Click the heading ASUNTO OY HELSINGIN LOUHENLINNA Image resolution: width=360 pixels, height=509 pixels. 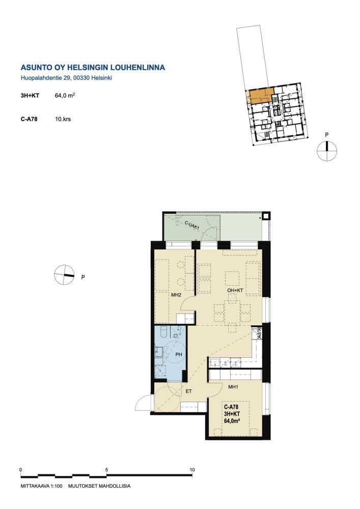coord(93,68)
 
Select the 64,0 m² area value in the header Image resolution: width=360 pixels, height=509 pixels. coord(65,96)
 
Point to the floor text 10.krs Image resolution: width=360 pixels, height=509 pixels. coord(63,119)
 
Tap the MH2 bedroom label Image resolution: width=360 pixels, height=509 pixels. coord(176,295)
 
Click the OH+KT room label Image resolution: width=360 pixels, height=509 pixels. coord(235,290)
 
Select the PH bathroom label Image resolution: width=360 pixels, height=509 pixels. coord(179,354)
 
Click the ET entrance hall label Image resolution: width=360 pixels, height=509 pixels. coord(188,391)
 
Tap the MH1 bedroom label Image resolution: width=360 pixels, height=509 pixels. coord(233,387)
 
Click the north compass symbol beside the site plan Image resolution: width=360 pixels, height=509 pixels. coord(327,151)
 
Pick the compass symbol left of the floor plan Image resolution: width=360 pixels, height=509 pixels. coord(64,275)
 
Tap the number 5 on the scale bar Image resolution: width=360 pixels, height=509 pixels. coord(106,470)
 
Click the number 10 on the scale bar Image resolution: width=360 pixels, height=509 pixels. coord(192,470)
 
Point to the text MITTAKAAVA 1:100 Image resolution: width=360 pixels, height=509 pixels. coord(41,486)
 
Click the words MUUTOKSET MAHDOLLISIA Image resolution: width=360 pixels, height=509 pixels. coord(99,486)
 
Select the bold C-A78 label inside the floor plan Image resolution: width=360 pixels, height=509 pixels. coord(231,407)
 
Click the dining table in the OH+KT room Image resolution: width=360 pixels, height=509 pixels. coord(232,313)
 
